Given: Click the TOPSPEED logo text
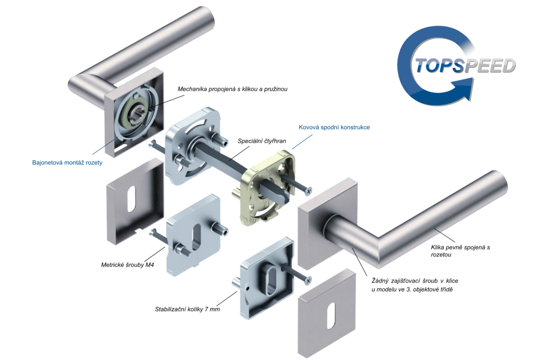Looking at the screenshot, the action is [466, 65].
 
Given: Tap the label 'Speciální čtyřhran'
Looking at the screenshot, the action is [262, 141].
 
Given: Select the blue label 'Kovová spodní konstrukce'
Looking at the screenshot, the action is [334, 127].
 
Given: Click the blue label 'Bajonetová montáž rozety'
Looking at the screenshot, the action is [67, 162].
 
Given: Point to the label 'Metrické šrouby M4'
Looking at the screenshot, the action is [128, 265].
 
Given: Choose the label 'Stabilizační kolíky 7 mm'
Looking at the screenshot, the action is [187, 309].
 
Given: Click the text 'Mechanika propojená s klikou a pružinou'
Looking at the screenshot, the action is [233, 89].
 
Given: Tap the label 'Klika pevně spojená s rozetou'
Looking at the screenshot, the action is [460, 251].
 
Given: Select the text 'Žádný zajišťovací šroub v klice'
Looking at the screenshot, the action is [415, 281].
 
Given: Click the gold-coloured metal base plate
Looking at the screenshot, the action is [267, 188].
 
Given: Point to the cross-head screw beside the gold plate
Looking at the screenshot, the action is [296, 185].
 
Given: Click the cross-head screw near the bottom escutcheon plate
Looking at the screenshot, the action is [296, 273].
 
